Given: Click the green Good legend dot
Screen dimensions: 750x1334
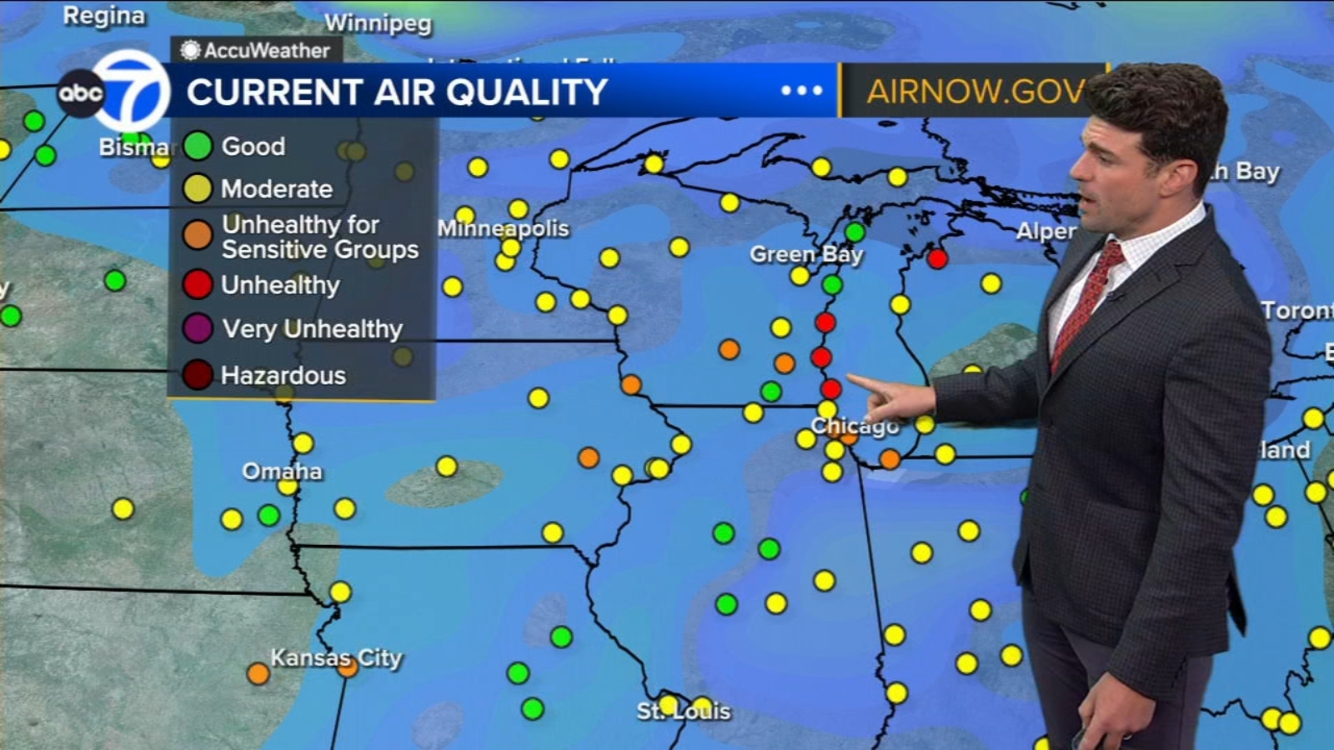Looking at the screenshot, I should [x=198, y=146].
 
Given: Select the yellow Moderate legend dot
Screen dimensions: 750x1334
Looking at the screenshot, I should [x=198, y=188].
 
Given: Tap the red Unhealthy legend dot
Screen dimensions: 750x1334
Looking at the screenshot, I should [x=198, y=284].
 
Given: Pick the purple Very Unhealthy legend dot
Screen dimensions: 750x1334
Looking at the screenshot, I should [x=198, y=328].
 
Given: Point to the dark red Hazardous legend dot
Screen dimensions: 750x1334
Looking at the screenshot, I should [x=198, y=375].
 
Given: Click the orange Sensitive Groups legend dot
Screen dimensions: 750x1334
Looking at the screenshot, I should [x=198, y=235].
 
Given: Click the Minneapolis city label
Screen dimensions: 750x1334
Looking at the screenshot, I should [x=503, y=228].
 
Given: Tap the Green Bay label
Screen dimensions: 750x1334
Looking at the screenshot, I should [x=805, y=254].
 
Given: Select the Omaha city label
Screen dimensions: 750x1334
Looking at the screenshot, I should [x=282, y=472].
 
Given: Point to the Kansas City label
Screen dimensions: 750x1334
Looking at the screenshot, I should [x=336, y=658].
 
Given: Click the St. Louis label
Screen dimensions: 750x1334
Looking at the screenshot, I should [x=684, y=712].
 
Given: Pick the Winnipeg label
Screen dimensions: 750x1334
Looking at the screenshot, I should [x=378, y=23].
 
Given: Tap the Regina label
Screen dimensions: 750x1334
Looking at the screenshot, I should [x=103, y=16].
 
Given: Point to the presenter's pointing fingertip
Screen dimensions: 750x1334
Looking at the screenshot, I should [x=851, y=381].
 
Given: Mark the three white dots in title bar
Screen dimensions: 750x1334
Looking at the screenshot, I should [x=801, y=91].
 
